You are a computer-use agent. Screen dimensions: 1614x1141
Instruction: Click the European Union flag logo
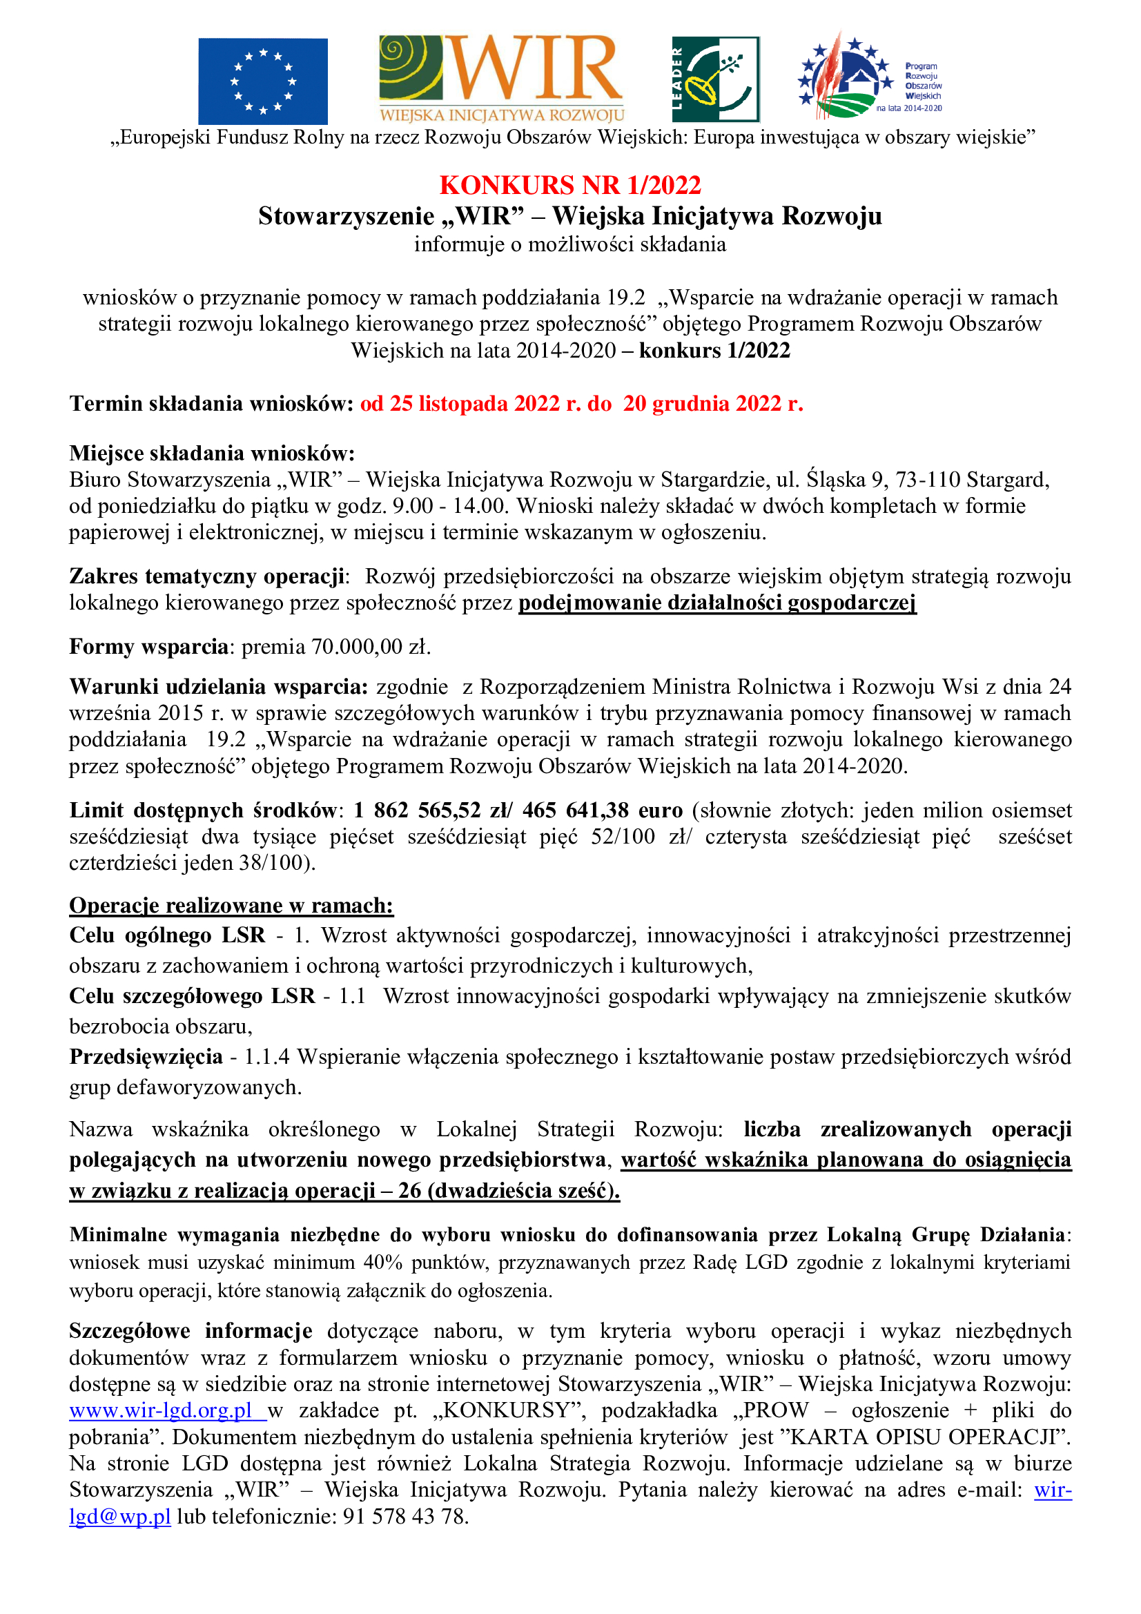pos(262,81)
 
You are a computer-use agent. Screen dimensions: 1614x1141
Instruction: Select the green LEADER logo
pos(715,79)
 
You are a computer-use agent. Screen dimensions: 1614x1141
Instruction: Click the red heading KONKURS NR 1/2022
pos(570,185)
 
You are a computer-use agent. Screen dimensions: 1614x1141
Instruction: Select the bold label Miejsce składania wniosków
pos(212,453)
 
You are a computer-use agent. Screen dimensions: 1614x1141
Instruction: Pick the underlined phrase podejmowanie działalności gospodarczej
pos(717,603)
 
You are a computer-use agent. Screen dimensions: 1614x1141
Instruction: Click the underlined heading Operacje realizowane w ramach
pos(231,906)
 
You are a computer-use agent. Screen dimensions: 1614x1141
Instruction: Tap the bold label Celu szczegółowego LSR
pos(192,996)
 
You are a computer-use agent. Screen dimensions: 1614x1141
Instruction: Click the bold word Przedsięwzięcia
pos(146,1056)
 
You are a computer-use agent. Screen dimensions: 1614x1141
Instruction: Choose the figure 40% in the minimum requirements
pos(382,1262)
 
